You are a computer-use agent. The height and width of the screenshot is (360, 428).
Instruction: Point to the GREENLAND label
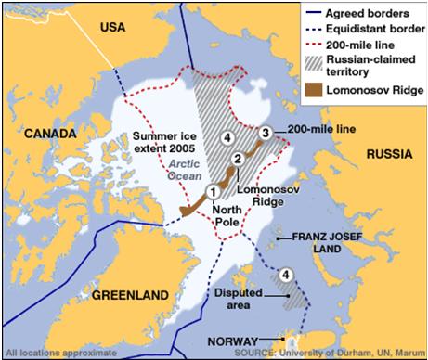(x=130, y=296)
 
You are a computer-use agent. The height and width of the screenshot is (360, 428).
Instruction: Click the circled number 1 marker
(x=213, y=192)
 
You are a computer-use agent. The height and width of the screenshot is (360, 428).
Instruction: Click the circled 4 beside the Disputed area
(x=287, y=275)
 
